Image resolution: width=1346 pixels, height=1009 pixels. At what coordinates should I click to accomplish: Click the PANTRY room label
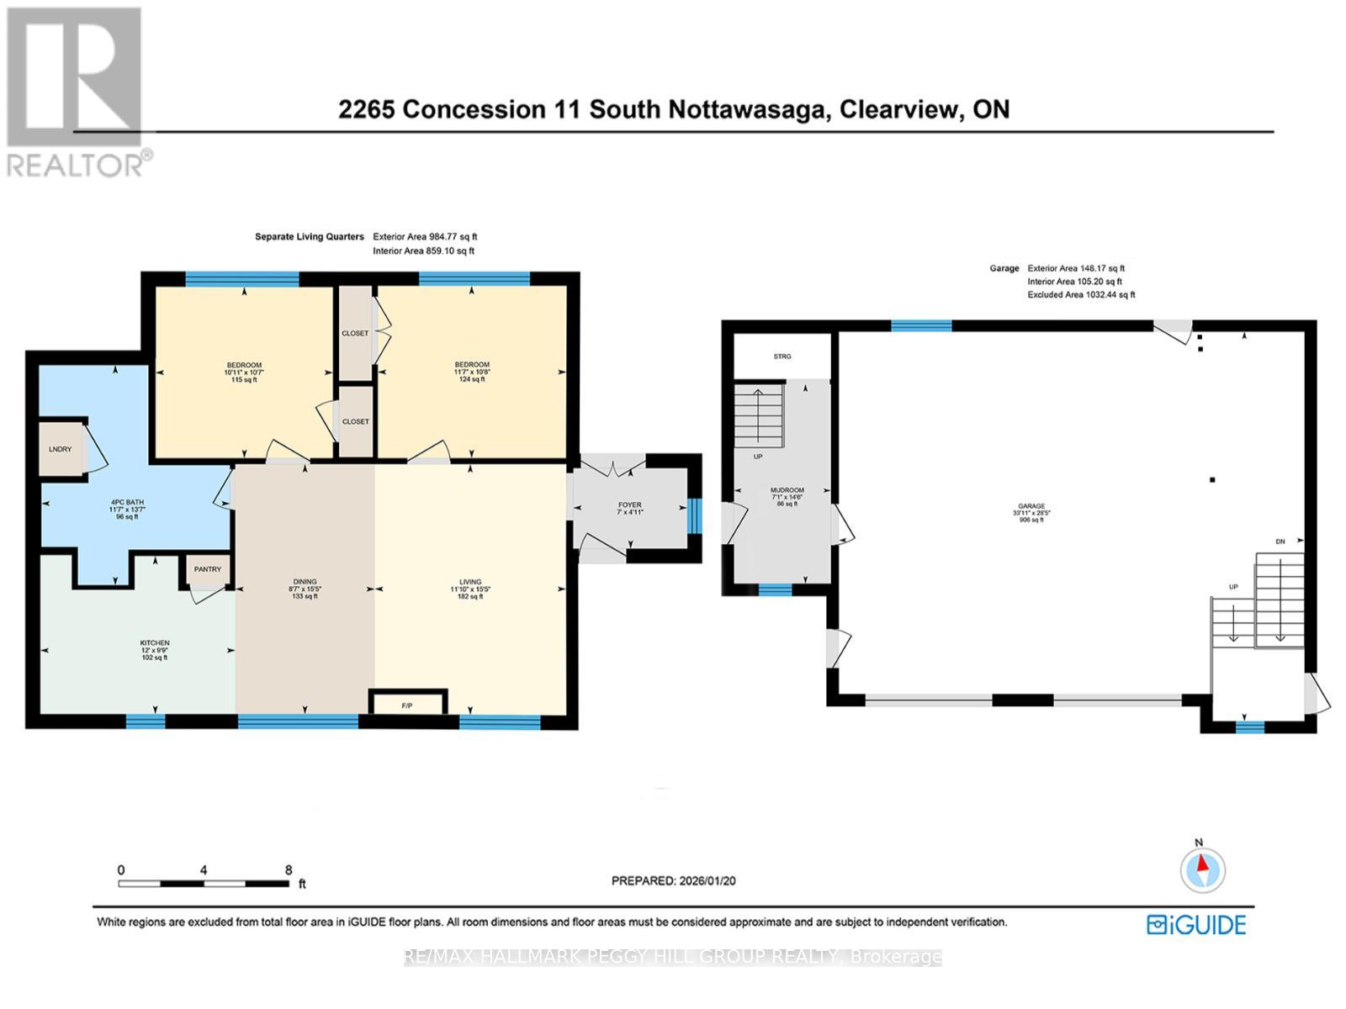pyautogui.click(x=207, y=569)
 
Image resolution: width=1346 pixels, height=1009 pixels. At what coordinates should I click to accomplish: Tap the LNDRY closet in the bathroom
pyautogui.click(x=60, y=449)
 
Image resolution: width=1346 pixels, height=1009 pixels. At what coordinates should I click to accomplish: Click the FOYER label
pyautogui.click(x=629, y=505)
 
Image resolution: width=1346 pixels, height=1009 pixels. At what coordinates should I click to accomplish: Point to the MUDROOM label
pyautogui.click(x=787, y=490)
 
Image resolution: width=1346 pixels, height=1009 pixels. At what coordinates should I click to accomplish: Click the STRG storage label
pyautogui.click(x=782, y=357)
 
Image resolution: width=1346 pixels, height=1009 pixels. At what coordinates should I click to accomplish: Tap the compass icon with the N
pyautogui.click(x=1202, y=870)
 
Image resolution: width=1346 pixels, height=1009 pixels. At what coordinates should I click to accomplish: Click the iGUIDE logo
pyautogui.click(x=1196, y=925)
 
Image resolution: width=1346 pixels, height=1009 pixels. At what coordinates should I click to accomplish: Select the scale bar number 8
pyautogui.click(x=289, y=870)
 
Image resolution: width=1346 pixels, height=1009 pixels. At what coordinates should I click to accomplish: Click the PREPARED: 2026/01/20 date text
pyautogui.click(x=673, y=880)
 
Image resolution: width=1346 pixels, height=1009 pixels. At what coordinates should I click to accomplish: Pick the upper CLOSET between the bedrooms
pyautogui.click(x=355, y=333)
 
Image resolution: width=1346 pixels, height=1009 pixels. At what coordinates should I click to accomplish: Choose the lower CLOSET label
pyautogui.click(x=355, y=421)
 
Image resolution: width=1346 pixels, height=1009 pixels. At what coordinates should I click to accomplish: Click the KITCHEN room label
pyautogui.click(x=155, y=643)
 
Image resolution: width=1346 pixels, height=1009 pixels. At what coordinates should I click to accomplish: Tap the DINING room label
pyautogui.click(x=305, y=582)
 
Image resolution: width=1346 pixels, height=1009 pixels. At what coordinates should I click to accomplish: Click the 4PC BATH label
pyautogui.click(x=127, y=502)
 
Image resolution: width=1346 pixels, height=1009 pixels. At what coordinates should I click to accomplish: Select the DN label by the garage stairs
pyautogui.click(x=1280, y=541)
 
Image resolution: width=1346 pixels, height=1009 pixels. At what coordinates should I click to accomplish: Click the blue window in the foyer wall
pyautogui.click(x=694, y=515)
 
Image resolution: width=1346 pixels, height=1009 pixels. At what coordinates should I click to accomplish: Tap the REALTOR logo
pyautogui.click(x=76, y=92)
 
